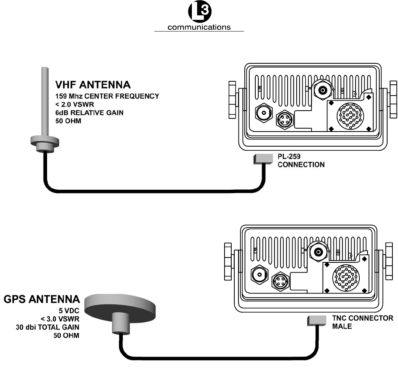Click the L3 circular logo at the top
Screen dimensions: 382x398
click(x=199, y=13)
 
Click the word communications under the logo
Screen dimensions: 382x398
click(x=199, y=27)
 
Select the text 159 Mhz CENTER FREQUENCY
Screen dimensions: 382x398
click(x=107, y=96)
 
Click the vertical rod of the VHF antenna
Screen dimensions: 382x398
click(x=45, y=101)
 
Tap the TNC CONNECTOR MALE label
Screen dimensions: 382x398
click(x=363, y=322)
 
